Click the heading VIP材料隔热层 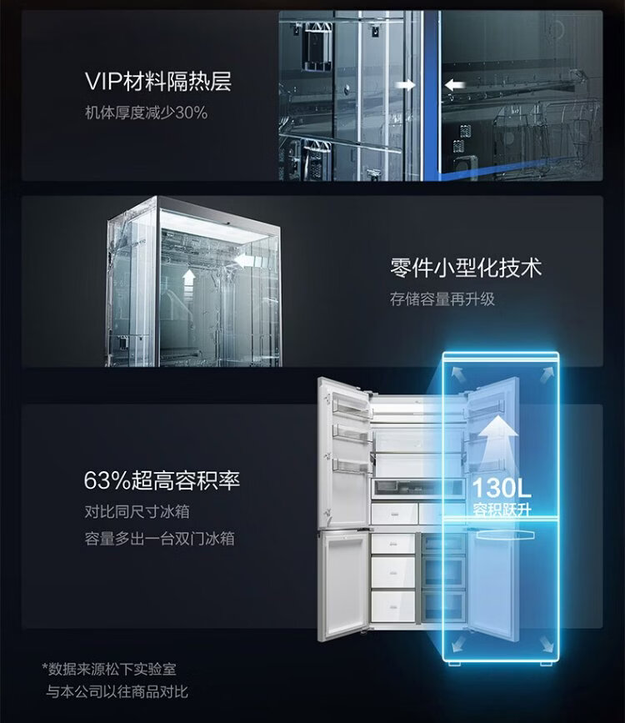pos(157,82)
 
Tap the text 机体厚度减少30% pos(146,112)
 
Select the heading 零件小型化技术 pos(466,269)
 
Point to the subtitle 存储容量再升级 pos(442,299)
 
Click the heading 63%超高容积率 pos(162,481)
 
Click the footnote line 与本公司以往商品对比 pos(117,691)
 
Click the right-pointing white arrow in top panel pos(406,84)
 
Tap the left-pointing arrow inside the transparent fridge pos(243,261)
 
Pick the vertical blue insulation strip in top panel pos(430,92)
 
